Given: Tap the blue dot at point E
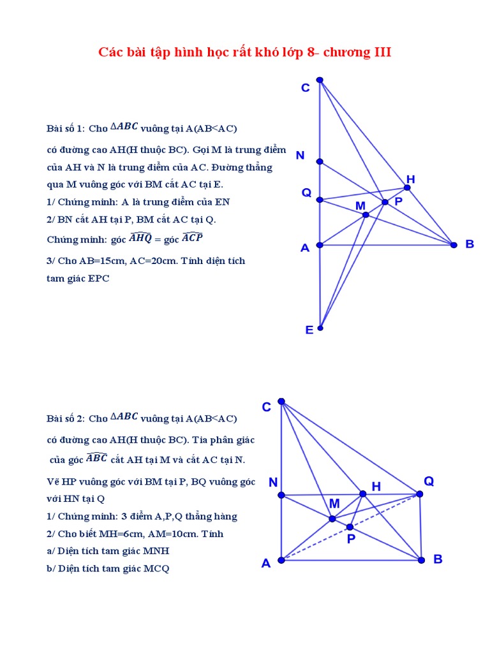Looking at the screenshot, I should (x=320, y=328).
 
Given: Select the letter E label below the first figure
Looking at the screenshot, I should (x=309, y=330).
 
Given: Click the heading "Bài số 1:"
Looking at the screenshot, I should (x=66, y=128).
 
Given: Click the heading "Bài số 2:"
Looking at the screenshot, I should (x=66, y=419).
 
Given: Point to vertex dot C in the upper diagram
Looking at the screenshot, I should (x=320, y=80).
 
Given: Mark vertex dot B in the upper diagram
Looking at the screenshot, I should (x=454, y=244).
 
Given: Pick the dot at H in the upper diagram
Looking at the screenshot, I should (x=407, y=187).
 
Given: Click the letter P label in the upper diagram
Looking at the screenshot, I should (x=398, y=202).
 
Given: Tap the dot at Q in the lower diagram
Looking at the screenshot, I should (x=419, y=494).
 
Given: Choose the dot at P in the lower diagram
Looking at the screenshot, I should (x=350, y=527).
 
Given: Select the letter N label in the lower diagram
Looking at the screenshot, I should (x=273, y=482).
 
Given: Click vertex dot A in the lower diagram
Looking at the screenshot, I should (x=281, y=560).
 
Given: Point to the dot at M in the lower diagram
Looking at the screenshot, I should (x=332, y=518).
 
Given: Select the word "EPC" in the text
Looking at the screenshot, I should (x=96, y=279).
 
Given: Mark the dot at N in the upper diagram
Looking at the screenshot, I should (x=320, y=161).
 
